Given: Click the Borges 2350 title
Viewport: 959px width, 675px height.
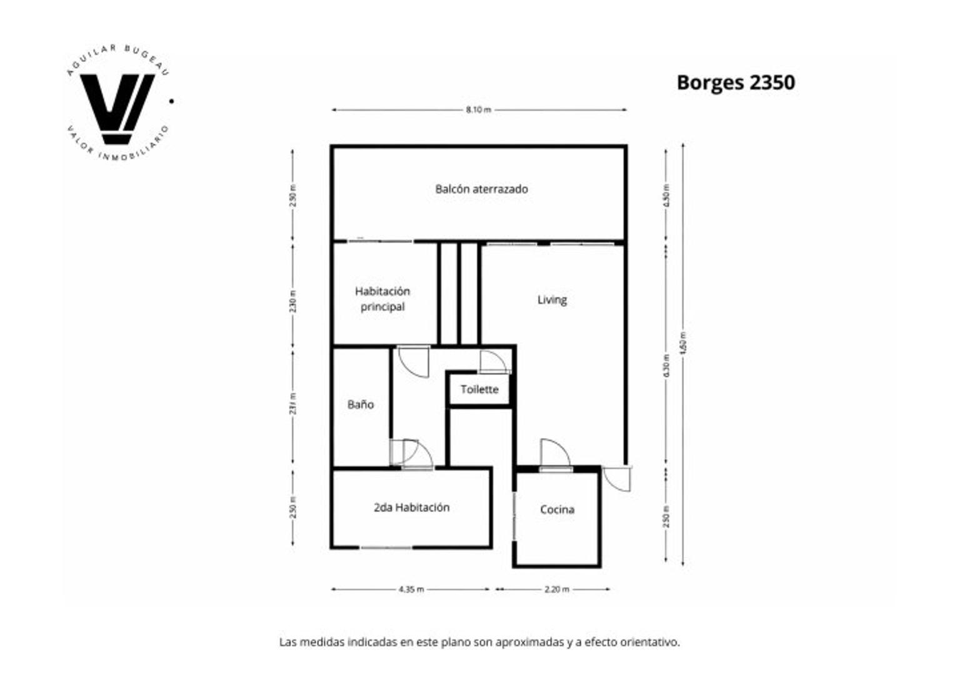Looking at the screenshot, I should point(735,82).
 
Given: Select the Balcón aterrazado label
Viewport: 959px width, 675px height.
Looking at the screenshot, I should point(481,189).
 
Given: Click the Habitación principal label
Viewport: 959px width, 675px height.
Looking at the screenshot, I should point(383,299).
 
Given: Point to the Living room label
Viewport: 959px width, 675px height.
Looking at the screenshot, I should point(552,300).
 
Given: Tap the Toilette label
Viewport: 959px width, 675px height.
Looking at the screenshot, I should point(479,389).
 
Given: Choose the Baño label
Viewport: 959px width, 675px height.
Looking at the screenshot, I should point(361,404).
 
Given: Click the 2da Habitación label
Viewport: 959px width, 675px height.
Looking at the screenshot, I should point(411,507).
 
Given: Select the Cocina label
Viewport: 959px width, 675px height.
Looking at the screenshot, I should point(557,509).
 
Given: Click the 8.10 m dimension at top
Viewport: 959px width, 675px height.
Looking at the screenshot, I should point(478,110).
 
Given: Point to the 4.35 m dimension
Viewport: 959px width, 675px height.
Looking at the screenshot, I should point(411,589).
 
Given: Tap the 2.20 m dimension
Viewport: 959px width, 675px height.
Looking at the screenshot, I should point(556,589).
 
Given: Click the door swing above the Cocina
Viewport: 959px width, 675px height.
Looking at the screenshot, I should point(555,453).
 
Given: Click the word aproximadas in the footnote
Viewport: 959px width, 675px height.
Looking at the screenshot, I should point(530,642).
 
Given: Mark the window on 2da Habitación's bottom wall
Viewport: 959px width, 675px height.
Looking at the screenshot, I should point(386,547).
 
